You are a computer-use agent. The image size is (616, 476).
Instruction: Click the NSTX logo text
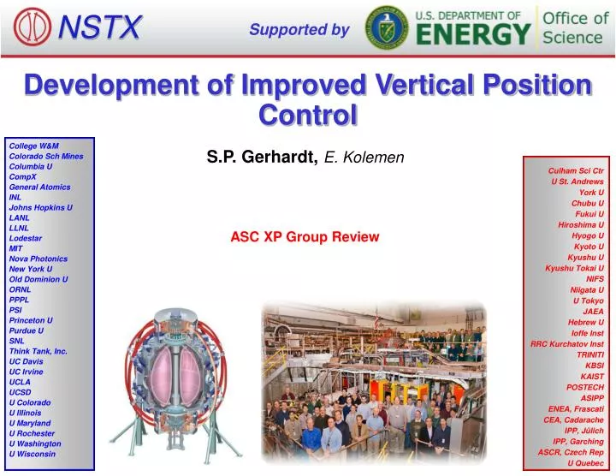99,28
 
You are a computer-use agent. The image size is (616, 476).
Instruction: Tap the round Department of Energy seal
386,27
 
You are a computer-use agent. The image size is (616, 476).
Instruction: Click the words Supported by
299,30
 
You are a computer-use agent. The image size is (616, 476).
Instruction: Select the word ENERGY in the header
473,34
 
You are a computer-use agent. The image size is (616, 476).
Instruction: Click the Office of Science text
572,27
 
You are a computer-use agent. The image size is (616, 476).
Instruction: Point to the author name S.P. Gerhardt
262,156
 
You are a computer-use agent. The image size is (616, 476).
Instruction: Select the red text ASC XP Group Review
305,236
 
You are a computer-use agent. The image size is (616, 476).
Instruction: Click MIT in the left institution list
15,248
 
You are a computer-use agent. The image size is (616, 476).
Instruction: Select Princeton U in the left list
31,320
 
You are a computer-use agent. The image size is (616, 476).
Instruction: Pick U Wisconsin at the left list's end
32,454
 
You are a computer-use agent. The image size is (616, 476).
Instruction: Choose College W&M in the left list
33,146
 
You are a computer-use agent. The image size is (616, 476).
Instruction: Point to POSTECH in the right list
586,387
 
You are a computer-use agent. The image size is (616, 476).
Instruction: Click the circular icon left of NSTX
32,27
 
